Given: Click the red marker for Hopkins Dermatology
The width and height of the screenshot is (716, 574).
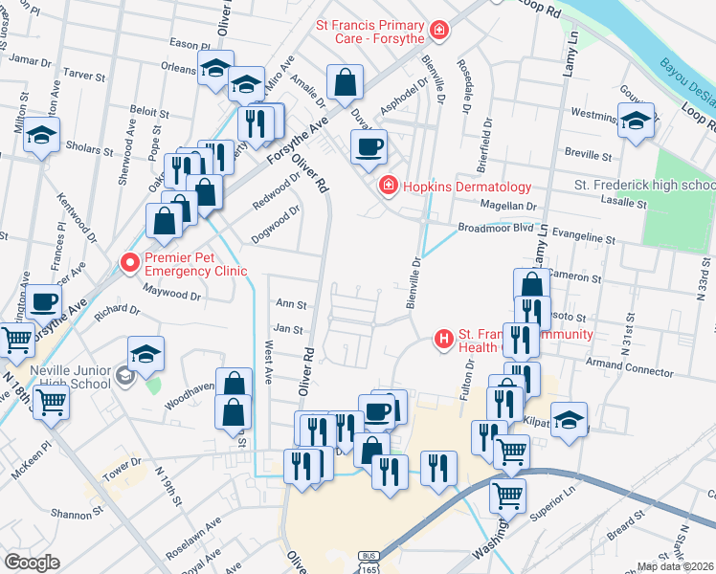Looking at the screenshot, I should point(389,186).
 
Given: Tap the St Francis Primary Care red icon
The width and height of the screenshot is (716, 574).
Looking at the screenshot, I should point(439,32).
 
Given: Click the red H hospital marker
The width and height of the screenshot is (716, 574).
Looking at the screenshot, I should point(444,338).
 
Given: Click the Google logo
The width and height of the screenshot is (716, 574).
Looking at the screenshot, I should point(32,562).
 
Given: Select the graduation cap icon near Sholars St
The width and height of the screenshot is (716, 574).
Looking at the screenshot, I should point(42,136).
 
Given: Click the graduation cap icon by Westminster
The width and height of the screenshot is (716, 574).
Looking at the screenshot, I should point(636,121).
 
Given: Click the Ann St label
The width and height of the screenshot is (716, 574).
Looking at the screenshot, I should point(290,305).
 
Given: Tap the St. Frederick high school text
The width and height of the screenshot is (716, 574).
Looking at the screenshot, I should point(643,185).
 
